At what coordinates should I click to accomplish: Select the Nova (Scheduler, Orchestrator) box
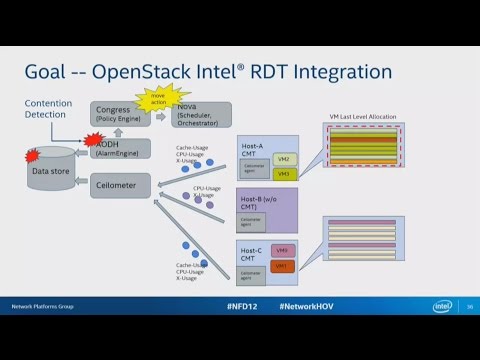pos(200,113)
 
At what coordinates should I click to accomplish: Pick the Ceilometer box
pos(121,185)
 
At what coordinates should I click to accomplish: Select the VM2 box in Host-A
pos(284,159)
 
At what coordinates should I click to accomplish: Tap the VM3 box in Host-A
pos(284,175)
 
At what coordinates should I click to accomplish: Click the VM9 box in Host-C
pos(283,250)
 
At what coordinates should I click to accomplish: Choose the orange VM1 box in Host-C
pos(283,266)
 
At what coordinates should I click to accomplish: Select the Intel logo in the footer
pos(442,306)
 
